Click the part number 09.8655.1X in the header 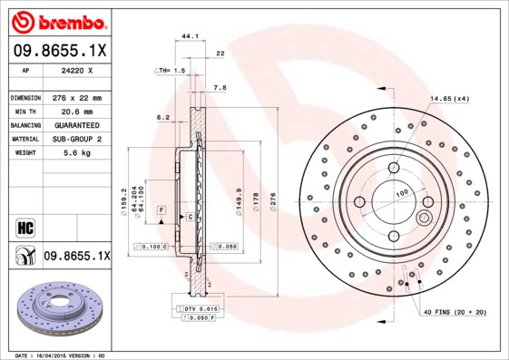coord(59,51)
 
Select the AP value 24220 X coord(76,69)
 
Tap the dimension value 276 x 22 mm coord(76,97)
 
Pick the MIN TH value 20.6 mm coord(76,111)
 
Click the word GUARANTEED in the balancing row coord(76,124)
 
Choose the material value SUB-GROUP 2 coord(76,139)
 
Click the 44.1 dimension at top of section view coord(190,36)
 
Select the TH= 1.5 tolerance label coord(170,70)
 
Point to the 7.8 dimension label coord(219,88)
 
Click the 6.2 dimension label coord(163,117)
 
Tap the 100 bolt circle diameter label coord(400,193)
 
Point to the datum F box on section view coord(161,209)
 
